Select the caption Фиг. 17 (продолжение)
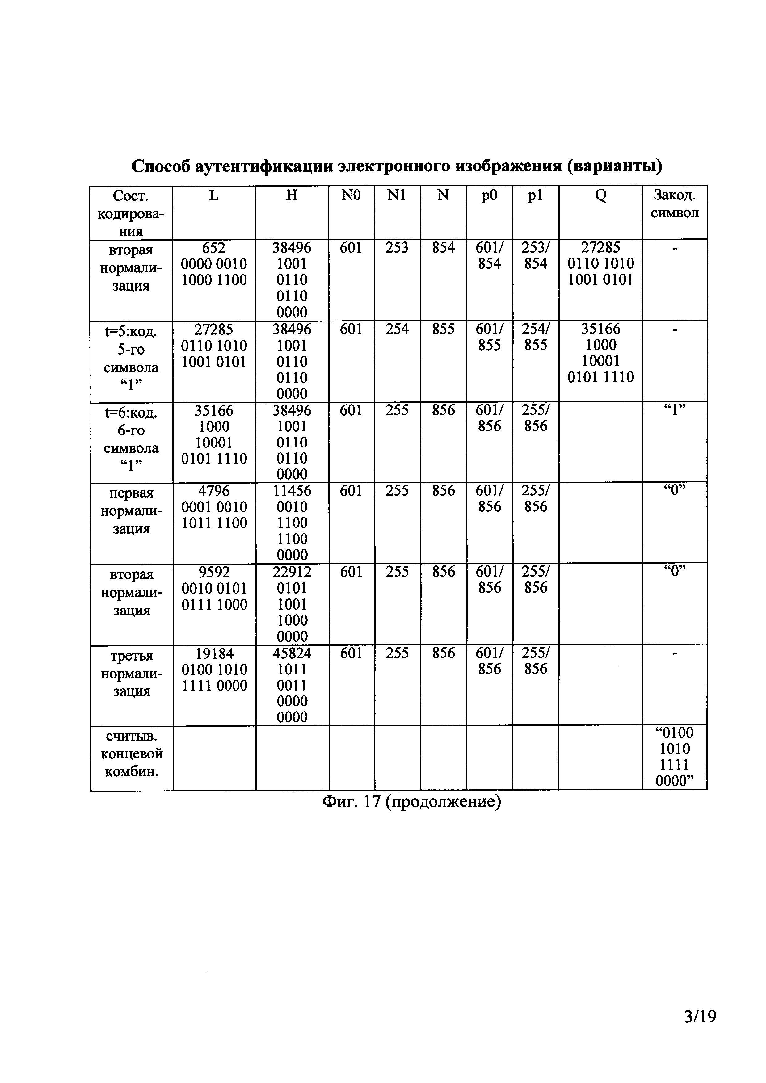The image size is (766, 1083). tap(411, 802)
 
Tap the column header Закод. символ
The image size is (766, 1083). tap(675, 204)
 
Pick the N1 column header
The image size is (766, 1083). tap(397, 195)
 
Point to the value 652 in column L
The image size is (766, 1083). tap(214, 248)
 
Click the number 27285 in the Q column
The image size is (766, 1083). tap(600, 248)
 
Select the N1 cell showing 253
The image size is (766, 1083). tap(397, 248)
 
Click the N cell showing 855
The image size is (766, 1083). tap(443, 329)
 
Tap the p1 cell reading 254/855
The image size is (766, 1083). tap(535, 337)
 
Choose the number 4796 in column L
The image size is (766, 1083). tap(214, 491)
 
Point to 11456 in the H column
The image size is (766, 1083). tap(292, 491)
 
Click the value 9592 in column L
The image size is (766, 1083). tap(214, 572)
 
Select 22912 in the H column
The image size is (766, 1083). tap(292, 572)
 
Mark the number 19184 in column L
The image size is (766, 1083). tap(214, 653)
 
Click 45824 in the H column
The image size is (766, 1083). tap(292, 653)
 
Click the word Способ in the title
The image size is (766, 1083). tap(159, 166)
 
